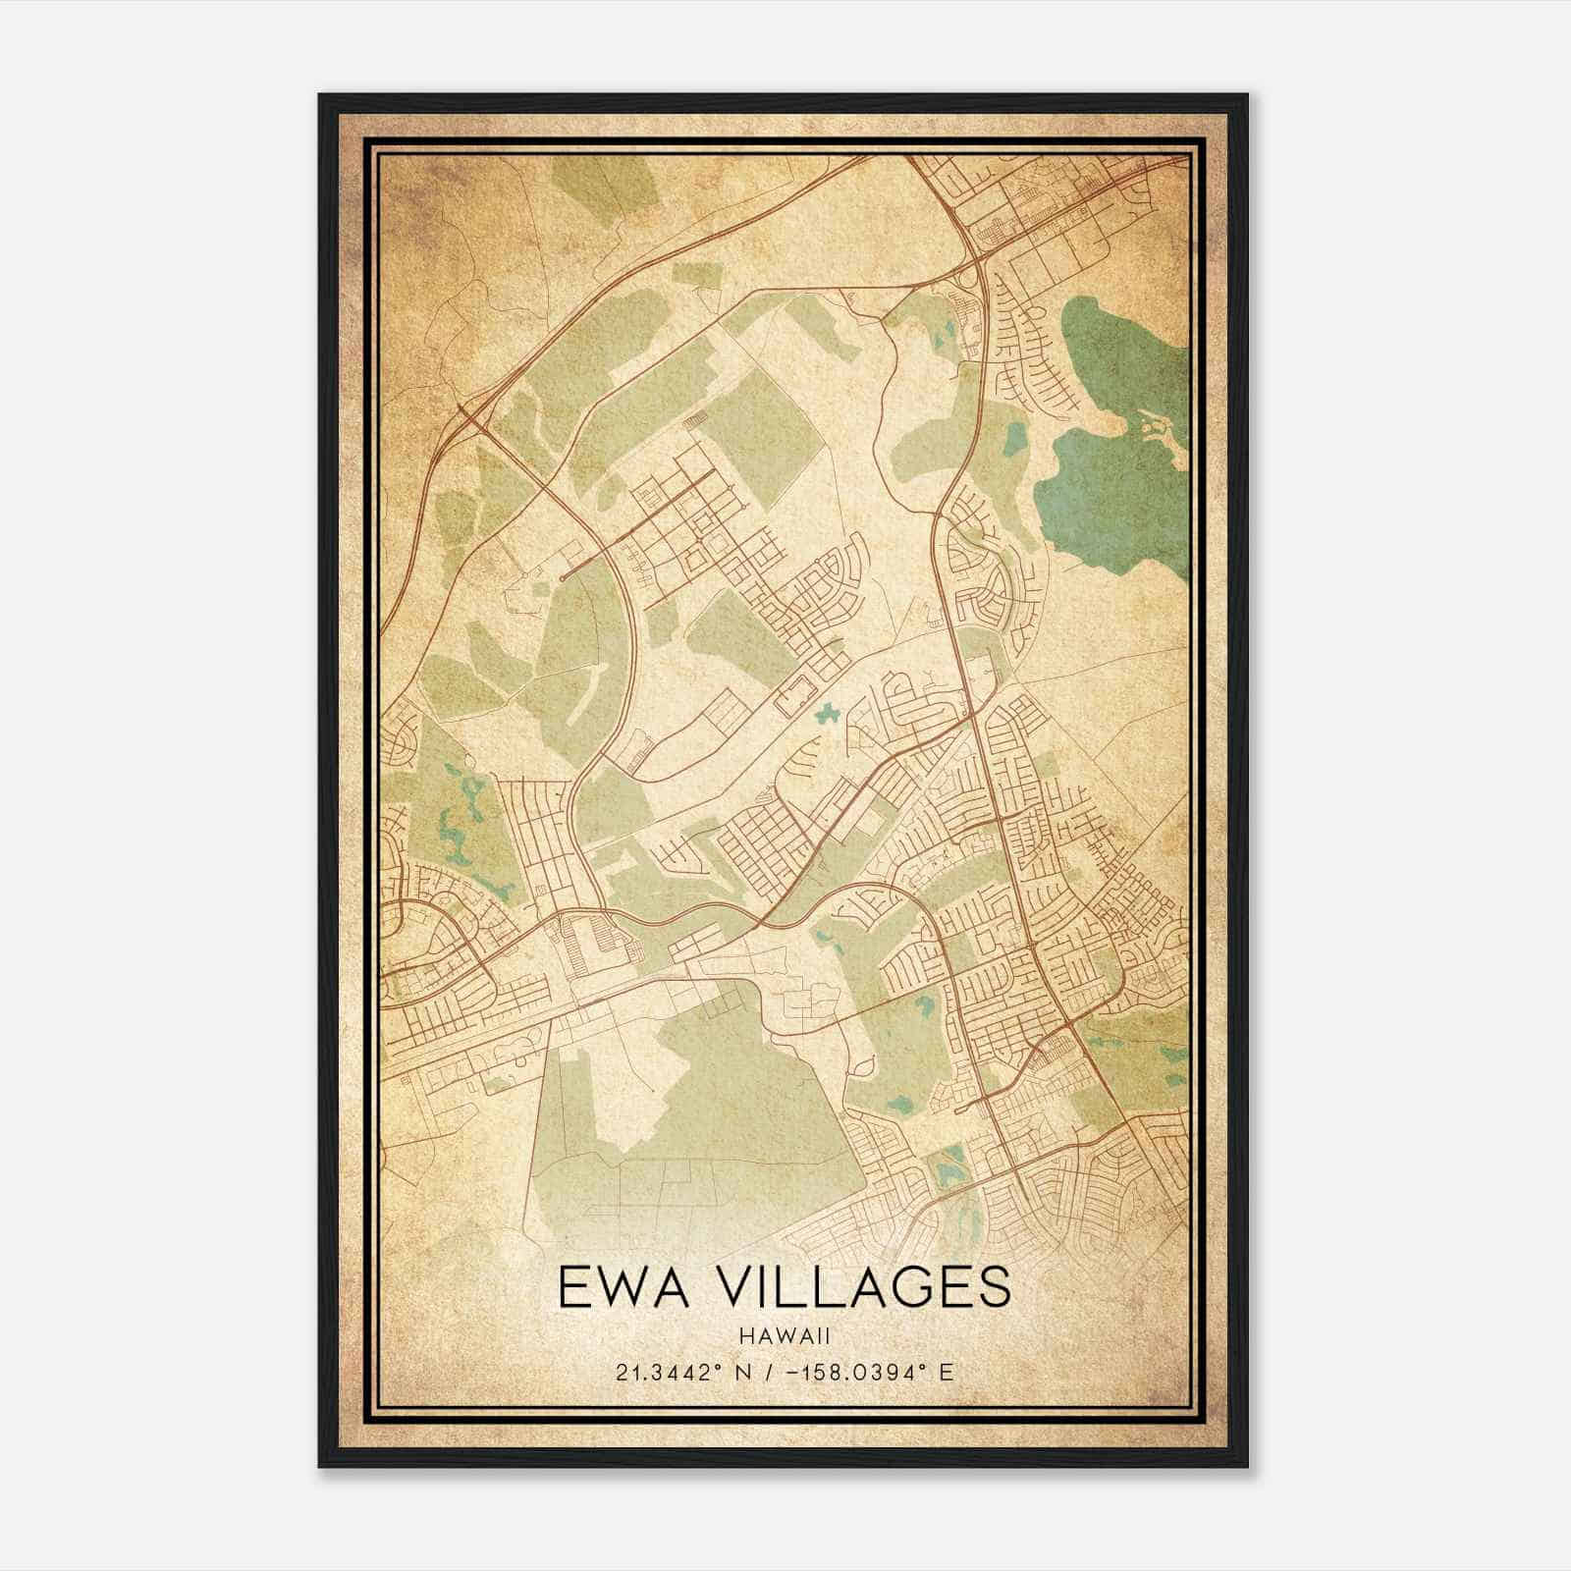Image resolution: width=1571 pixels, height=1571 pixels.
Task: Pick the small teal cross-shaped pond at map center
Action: click(x=826, y=713)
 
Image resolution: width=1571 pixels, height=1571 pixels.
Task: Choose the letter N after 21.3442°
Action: click(x=727, y=1372)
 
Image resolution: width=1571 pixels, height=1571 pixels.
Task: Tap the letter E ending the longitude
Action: click(x=947, y=1372)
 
